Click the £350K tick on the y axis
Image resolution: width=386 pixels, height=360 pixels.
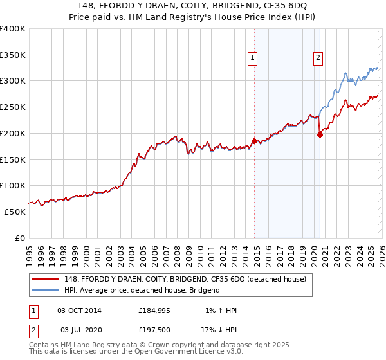[13, 55]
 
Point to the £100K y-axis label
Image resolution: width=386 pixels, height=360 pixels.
[13, 185]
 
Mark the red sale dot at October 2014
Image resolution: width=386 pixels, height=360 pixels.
[254, 141]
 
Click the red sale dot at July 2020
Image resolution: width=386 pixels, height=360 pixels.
[320, 134]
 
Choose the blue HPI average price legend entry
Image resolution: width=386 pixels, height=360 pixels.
[142, 290]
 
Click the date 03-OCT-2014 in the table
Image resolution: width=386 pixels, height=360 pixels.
[79, 310]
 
